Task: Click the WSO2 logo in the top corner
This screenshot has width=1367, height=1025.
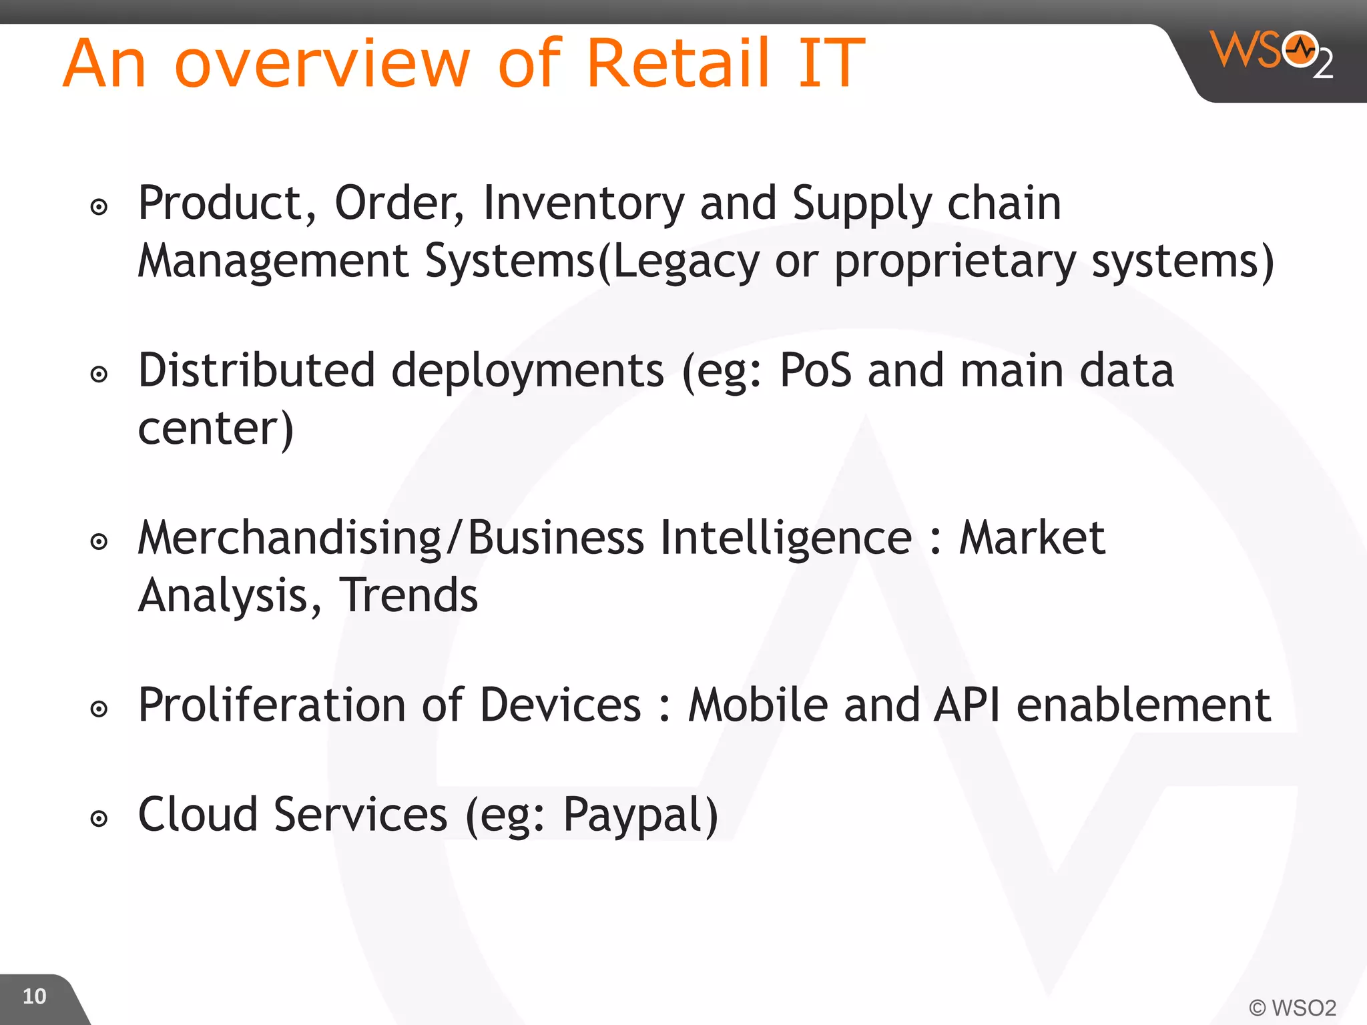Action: click(1271, 53)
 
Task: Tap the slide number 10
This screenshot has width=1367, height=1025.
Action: click(34, 996)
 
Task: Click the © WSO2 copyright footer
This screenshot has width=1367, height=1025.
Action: click(1292, 1007)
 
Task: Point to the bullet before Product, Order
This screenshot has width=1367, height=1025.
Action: click(99, 207)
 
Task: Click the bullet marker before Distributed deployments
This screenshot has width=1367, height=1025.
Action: click(99, 374)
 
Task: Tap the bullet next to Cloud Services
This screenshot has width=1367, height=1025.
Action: click(99, 819)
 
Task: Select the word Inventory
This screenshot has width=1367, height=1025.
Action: click(583, 204)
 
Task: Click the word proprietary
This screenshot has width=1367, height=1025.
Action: click(954, 262)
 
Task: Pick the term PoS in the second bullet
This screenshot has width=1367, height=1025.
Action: click(815, 370)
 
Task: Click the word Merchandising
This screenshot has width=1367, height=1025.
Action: click(289, 538)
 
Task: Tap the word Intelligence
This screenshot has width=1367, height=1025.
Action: click(786, 538)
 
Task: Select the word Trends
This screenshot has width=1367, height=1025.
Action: click(408, 595)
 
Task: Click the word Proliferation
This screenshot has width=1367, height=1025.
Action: click(272, 705)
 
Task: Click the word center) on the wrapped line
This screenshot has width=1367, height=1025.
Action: click(216, 428)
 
